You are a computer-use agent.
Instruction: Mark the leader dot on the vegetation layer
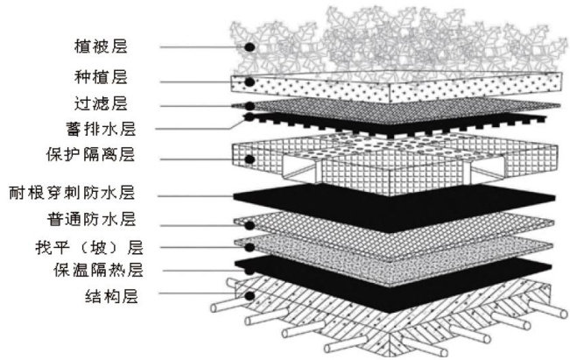pyautogui.click(x=250, y=46)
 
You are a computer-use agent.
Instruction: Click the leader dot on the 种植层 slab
pyautogui.click(x=250, y=81)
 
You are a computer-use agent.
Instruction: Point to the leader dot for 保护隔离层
pyautogui.click(x=250, y=159)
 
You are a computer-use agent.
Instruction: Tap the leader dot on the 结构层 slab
pyautogui.click(x=250, y=296)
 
